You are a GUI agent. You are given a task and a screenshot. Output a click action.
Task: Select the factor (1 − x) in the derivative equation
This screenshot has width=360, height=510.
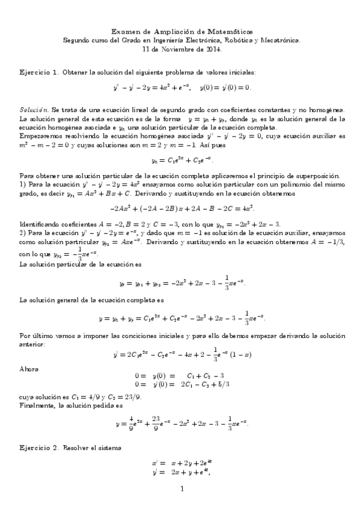click(x=240, y=354)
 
